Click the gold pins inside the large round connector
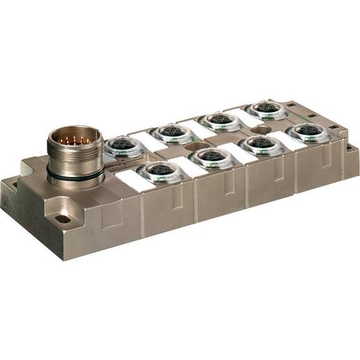coord(76,141)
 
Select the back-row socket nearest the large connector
coord(125,146)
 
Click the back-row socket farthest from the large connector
coord(266,108)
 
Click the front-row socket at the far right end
coord(308,131)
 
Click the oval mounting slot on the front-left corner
coord(63,219)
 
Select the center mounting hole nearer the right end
coord(264,129)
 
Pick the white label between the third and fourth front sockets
coord(285,138)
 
